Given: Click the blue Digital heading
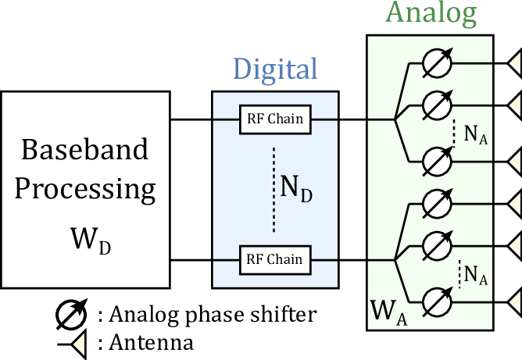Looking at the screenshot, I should click(275, 69).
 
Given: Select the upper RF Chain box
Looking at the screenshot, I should click(275, 119).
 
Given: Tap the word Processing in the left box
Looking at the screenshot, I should click(86, 188).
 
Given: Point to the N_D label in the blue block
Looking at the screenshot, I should click(295, 188).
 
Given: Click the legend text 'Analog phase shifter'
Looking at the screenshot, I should click(207, 315).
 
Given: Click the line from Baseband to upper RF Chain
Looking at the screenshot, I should click(205, 119).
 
